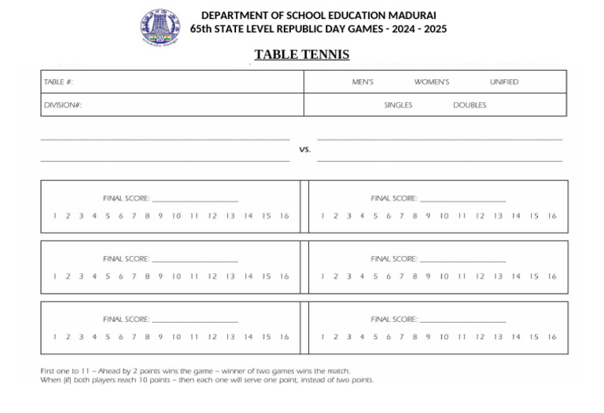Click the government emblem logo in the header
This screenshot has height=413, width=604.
(x=160, y=27)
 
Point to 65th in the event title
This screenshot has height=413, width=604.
(x=202, y=29)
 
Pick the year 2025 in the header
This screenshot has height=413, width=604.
(x=432, y=29)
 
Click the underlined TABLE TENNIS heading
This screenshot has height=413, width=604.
(x=302, y=54)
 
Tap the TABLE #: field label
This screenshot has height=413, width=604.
(x=58, y=82)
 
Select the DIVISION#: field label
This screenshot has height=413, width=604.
(x=63, y=105)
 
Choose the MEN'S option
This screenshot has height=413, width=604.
(x=363, y=82)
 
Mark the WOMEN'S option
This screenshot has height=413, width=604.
(x=432, y=82)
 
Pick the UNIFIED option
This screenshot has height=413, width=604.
(x=504, y=82)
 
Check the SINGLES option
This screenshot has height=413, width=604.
(x=398, y=105)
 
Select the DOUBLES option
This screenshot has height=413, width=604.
(x=470, y=105)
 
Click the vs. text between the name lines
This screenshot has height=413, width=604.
(x=305, y=149)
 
